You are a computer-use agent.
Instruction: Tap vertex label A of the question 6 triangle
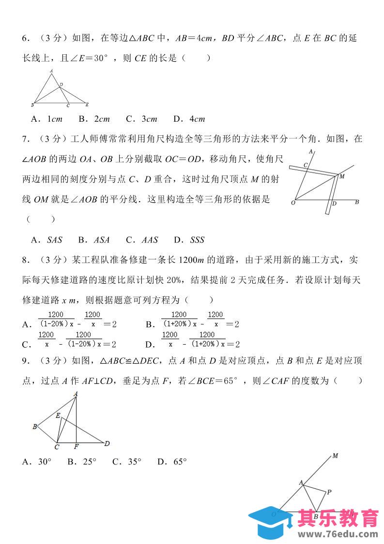(51, 71)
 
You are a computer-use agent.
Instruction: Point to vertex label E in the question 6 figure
(87, 105)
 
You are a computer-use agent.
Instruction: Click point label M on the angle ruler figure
(342, 176)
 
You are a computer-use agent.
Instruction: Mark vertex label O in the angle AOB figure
(292, 203)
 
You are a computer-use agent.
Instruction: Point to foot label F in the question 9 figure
(77, 447)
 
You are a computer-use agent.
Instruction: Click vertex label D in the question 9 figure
(108, 443)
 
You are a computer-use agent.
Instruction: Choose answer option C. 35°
(126, 462)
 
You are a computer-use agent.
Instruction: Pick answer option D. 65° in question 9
(172, 462)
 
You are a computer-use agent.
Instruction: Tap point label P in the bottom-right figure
(329, 492)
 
